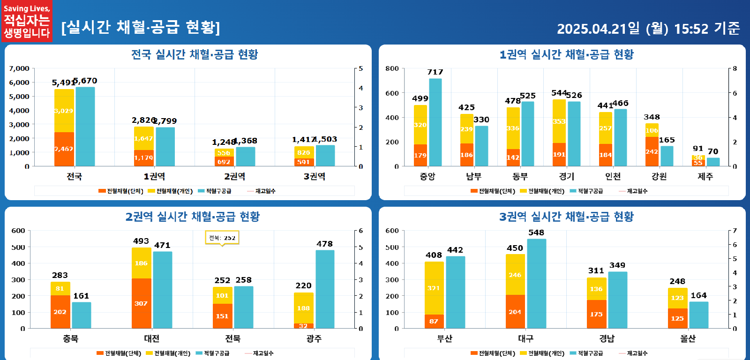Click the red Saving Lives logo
(27, 21)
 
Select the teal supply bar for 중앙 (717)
(435, 122)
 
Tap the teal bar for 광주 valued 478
(325, 289)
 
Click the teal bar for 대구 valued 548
(536, 284)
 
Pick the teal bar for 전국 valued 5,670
(85, 127)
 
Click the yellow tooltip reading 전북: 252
(222, 238)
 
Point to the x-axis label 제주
(705, 176)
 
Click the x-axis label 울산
(688, 338)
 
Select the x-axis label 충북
(71, 338)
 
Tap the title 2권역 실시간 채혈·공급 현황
(192, 217)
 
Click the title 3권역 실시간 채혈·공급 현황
(566, 217)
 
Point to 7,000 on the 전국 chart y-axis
(19, 68)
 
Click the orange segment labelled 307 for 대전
(141, 303)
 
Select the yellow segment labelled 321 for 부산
(434, 288)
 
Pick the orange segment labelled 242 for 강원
(652, 151)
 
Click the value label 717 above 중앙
(435, 72)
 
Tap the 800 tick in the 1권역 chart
(392, 68)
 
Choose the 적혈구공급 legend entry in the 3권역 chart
(586, 353)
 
